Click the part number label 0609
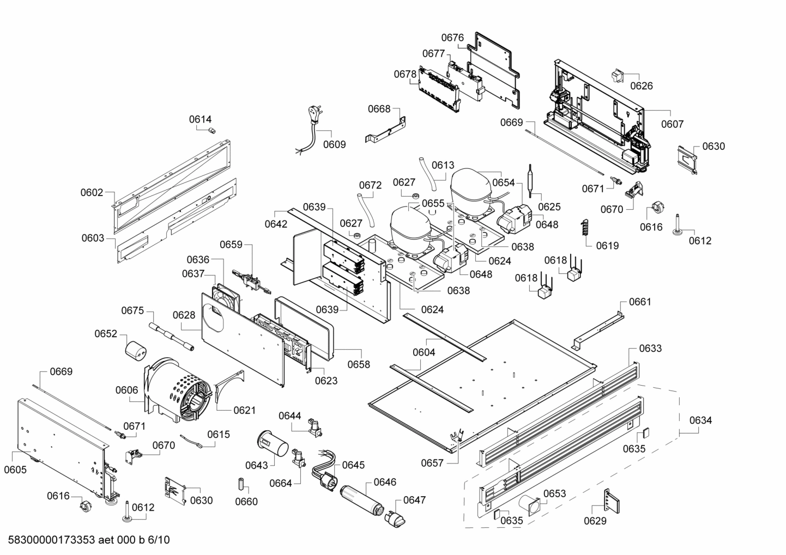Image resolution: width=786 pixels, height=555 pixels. pos(334,145)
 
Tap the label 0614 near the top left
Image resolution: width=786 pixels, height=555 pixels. pos(201,119)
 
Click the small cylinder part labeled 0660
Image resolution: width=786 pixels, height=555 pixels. pos(239,484)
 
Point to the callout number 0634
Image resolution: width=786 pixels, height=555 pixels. pos(700,420)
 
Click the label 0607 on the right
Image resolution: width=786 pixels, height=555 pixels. pos(672,124)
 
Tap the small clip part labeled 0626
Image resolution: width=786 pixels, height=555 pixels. pos(618,77)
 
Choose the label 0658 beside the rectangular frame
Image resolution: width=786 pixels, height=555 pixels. pos(359,364)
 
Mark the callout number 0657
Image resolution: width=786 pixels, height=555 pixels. pos(432,463)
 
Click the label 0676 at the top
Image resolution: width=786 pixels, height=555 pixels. pos(452,38)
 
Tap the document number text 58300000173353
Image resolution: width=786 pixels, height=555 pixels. pos(52,540)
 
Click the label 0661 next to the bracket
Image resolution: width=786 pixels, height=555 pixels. pos(640,302)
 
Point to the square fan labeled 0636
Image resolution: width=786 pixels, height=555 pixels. pos(226,298)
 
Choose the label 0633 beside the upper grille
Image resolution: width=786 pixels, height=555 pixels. pos(650,348)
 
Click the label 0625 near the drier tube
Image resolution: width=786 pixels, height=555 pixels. pos(549,207)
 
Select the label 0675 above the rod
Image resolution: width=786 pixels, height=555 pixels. pos(132,310)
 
